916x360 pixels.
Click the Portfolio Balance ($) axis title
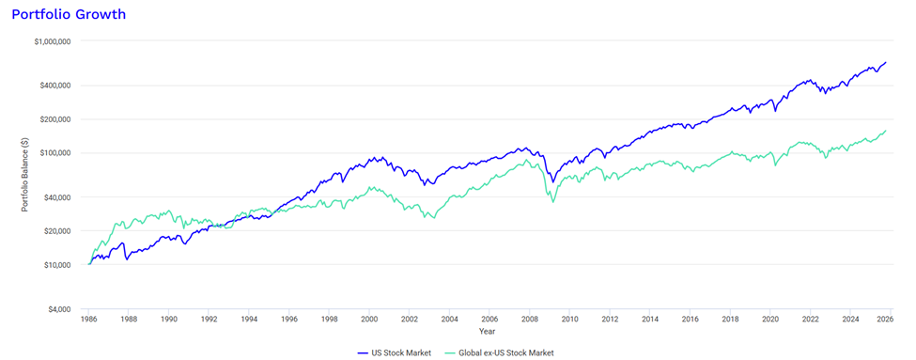point(25,175)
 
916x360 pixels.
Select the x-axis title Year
point(487,331)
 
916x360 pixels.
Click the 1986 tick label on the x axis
point(89,320)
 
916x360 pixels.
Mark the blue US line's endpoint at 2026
point(886,63)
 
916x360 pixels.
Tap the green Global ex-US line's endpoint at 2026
point(886,131)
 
